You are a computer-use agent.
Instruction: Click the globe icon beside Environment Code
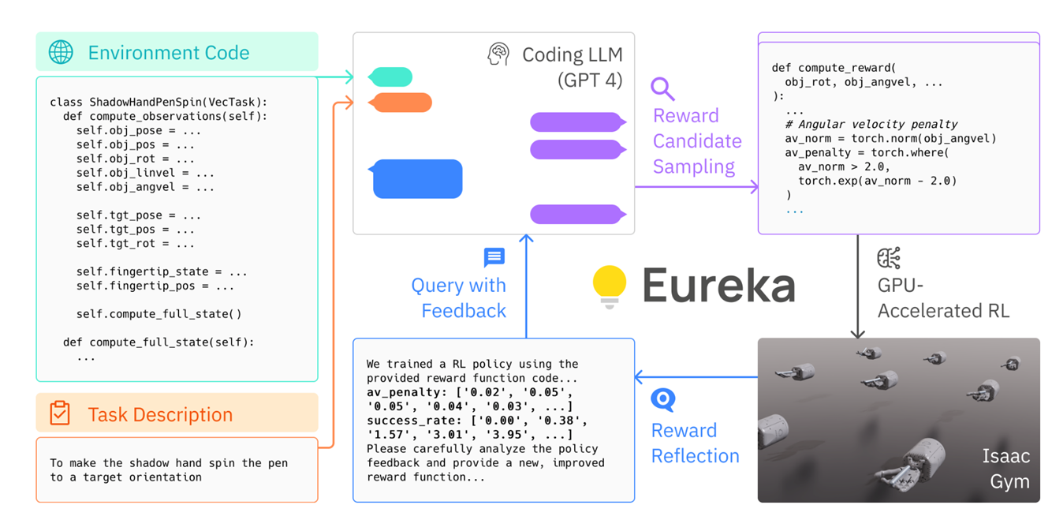(61, 52)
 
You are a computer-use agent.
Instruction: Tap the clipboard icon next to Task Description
(60, 413)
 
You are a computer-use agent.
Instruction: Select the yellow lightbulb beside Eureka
(610, 286)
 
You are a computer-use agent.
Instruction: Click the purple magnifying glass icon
(662, 89)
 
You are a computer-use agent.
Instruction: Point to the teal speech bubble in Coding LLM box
(390, 77)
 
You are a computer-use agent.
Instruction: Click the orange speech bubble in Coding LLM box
(400, 103)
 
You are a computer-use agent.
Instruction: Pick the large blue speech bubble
(416, 179)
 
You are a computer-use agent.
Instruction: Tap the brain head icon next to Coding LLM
(498, 54)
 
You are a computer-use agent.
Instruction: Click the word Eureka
(718, 286)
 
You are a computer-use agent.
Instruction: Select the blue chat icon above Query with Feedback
(494, 257)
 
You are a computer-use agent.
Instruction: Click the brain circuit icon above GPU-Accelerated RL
(889, 258)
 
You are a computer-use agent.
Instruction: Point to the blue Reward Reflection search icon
(663, 400)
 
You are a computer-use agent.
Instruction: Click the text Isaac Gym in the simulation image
(1006, 469)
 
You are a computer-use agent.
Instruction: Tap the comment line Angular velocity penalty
(871, 125)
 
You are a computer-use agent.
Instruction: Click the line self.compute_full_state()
(159, 314)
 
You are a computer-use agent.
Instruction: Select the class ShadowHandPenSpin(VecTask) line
(159, 102)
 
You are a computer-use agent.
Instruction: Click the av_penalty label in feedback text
(403, 393)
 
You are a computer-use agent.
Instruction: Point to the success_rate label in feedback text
(410, 421)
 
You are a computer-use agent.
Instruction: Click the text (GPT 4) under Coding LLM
(590, 80)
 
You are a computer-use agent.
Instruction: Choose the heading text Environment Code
(169, 53)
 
